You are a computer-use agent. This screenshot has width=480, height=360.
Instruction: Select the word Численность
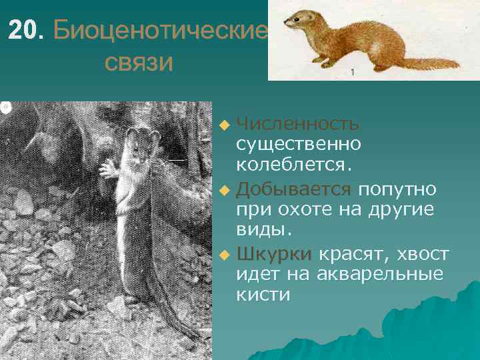pyautogui.click(x=298, y=124)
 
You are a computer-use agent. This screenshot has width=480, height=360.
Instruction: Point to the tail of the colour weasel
pyautogui.click(x=433, y=63)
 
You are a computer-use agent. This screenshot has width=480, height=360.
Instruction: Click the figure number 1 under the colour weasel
pyautogui.click(x=352, y=71)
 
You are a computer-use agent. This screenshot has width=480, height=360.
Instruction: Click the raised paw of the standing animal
pyautogui.click(x=108, y=169)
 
